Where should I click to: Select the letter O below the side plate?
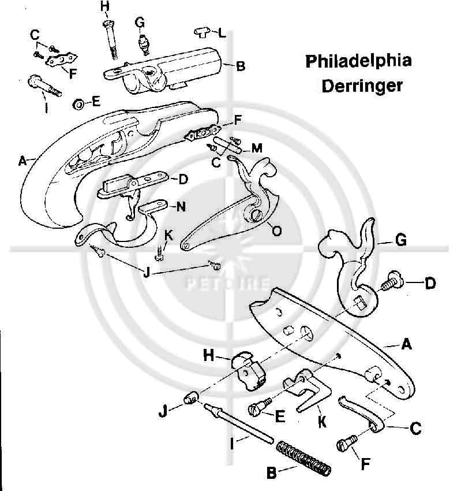tap(276, 231)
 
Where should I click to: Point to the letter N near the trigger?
tap(181, 206)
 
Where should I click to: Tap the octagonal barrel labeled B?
tap(173, 69)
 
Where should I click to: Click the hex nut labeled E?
tap(76, 104)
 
